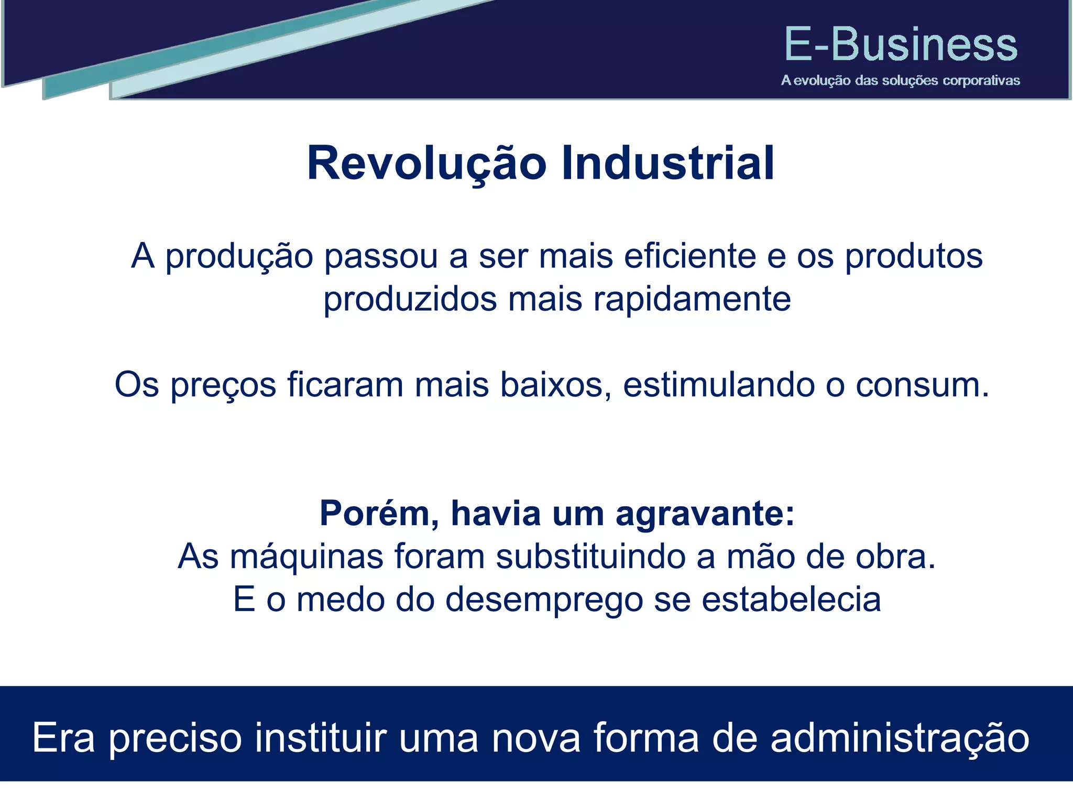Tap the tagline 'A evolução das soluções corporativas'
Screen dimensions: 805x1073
tap(901, 81)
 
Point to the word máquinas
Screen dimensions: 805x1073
tap(306, 557)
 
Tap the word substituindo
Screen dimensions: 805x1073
tap(590, 557)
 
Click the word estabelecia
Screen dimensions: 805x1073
tap(791, 600)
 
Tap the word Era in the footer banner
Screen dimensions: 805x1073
tap(63, 737)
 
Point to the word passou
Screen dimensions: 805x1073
tap(380, 257)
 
